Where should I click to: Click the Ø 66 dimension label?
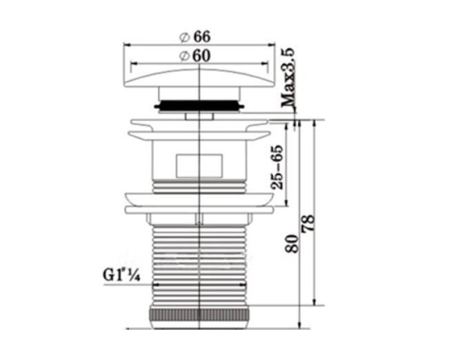(195, 37)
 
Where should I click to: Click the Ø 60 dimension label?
(195, 56)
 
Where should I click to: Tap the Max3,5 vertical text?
(288, 77)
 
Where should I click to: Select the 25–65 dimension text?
(277, 168)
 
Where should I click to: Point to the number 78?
(308, 224)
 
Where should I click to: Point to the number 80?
(292, 243)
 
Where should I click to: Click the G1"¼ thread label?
(121, 275)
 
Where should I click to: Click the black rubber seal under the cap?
(199, 106)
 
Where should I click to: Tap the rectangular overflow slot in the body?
(199, 166)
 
